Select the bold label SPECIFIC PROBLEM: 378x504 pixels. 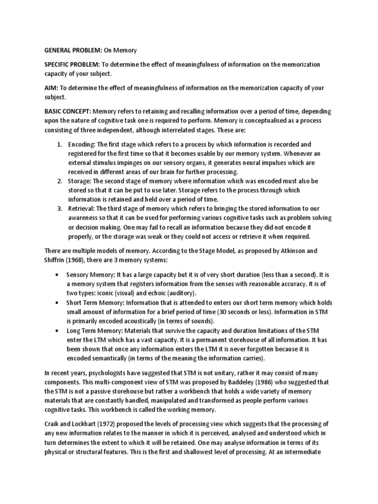click(71, 64)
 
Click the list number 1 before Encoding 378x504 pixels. click(59, 145)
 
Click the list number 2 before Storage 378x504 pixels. click(59, 181)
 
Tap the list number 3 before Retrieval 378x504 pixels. click(59, 208)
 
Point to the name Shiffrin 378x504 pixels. click(57, 260)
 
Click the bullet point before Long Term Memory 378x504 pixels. click(59, 331)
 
